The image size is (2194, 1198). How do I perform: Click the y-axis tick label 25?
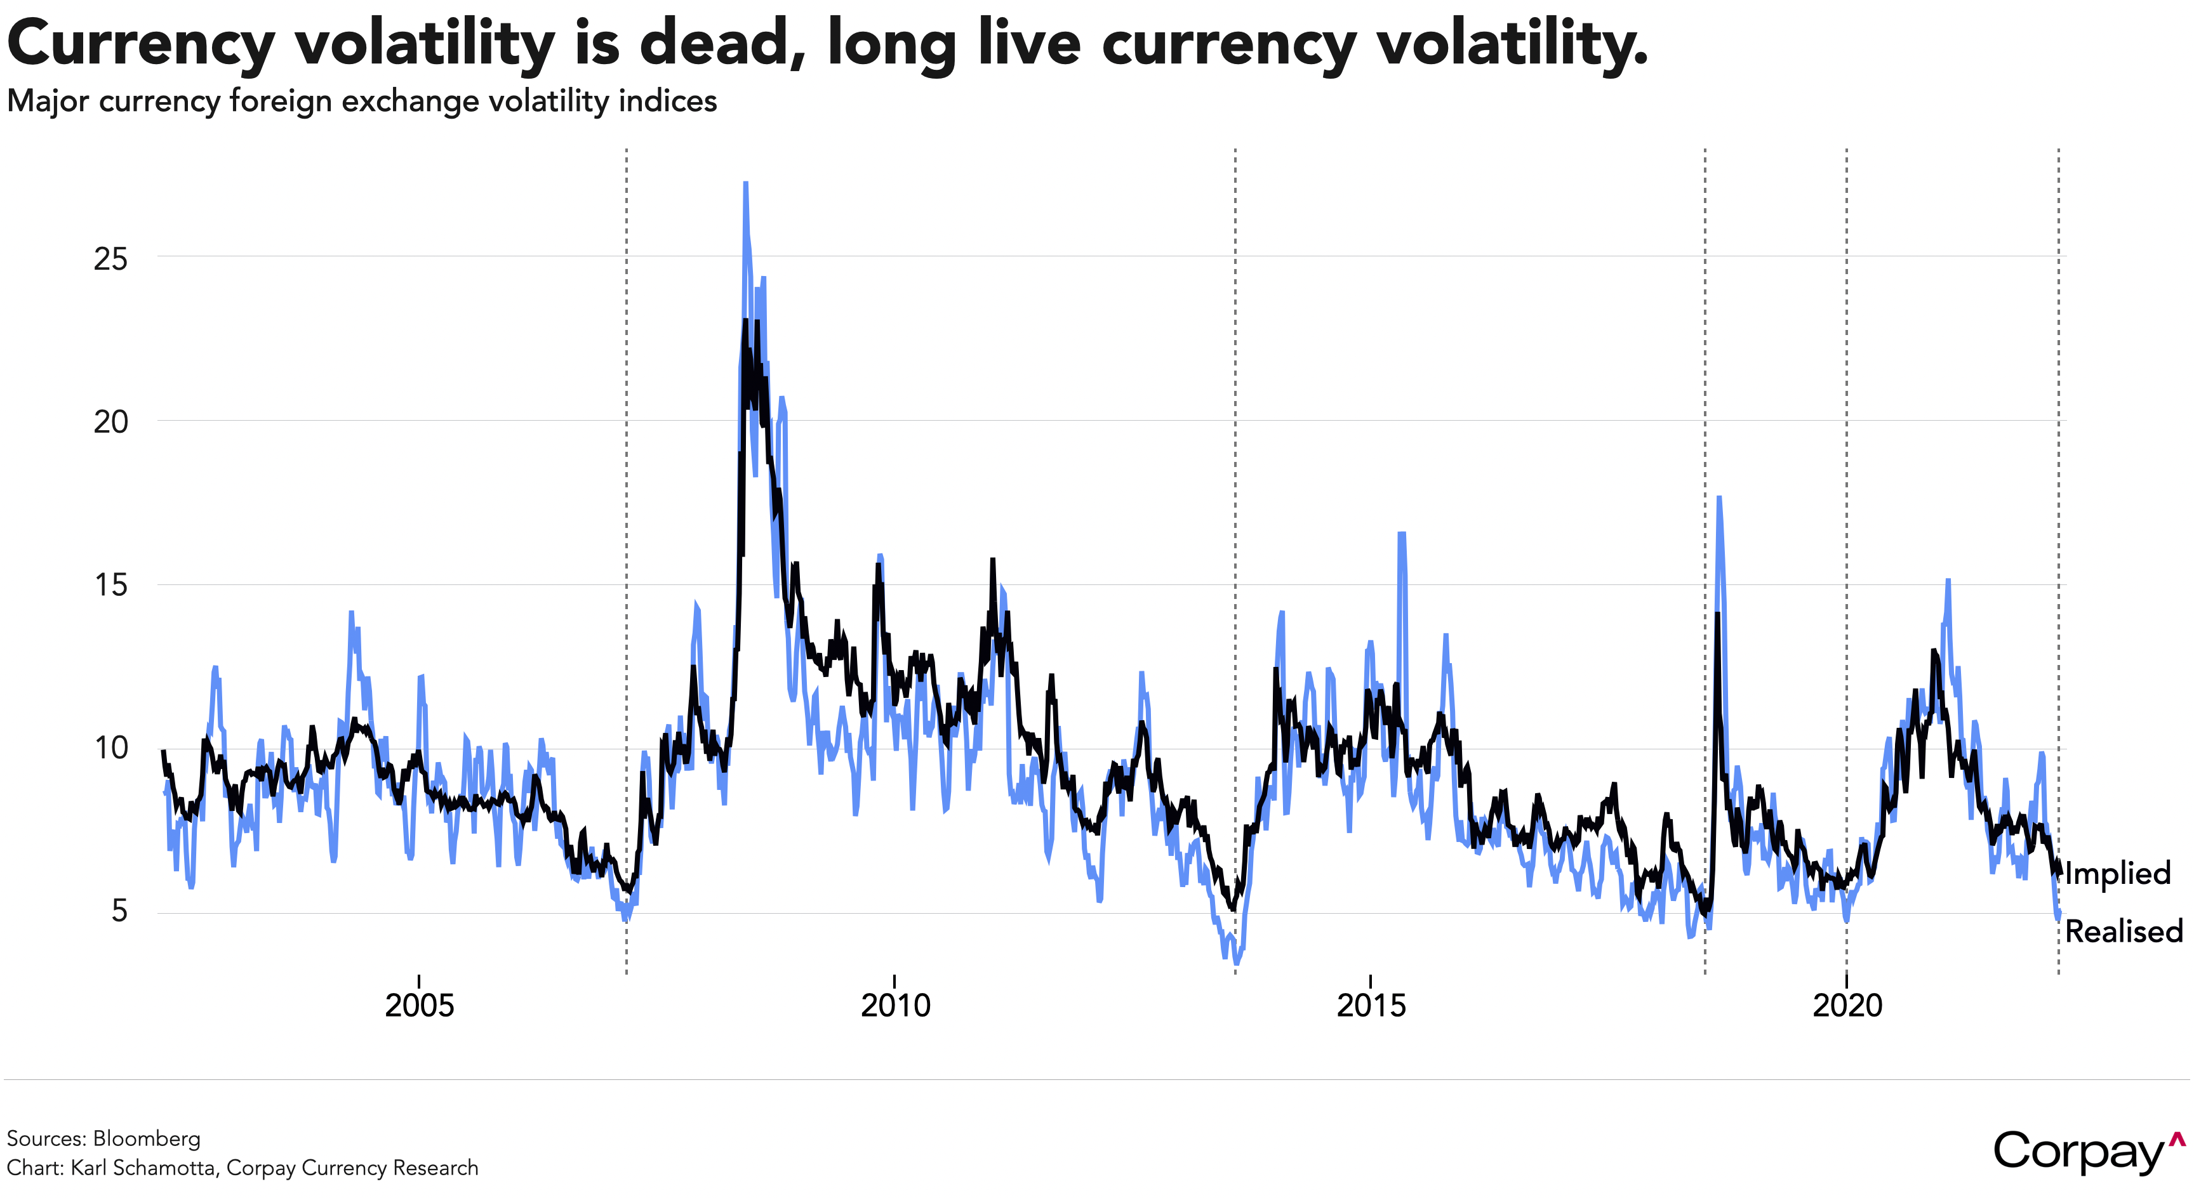110,259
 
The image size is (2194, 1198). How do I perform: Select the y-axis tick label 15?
110,585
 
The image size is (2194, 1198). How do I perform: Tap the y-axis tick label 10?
110,748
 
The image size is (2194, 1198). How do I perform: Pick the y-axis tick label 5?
119,911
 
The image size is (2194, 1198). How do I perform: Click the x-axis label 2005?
419,1006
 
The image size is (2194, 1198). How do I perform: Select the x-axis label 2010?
895,1006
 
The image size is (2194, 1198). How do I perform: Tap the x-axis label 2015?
1371,1006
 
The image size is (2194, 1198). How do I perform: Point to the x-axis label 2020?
1847,1006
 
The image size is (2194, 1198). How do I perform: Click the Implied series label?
2118,874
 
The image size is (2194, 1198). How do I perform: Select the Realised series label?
2124,931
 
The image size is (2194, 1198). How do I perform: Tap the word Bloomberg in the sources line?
147,1138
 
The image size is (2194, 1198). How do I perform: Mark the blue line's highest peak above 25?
745,183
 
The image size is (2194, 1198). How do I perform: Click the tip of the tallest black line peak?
745,321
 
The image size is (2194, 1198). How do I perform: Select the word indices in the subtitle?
668,102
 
